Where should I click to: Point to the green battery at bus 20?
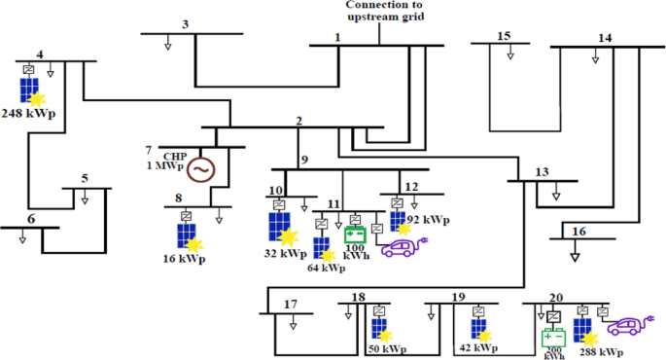pyautogui.click(x=552, y=339)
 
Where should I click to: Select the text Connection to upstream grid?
pyautogui.click(x=385, y=11)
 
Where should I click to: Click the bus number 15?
pyautogui.click(x=503, y=36)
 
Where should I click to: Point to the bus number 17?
pyautogui.click(x=290, y=304)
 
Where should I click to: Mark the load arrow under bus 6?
pyautogui.click(x=21, y=239)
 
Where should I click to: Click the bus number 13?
pyautogui.click(x=542, y=173)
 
